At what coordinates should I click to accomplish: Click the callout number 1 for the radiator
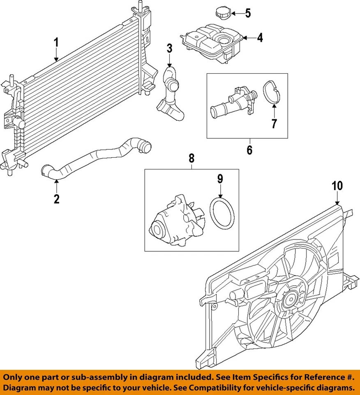(56, 42)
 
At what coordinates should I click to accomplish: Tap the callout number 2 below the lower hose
(56, 199)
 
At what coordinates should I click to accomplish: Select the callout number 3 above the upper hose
(169, 48)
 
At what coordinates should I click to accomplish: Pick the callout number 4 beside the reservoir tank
(260, 38)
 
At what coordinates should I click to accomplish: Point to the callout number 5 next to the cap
(247, 14)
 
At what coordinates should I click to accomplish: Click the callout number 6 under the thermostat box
(249, 150)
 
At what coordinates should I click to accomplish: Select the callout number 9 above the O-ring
(220, 179)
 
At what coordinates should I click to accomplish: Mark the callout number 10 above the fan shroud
(337, 186)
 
